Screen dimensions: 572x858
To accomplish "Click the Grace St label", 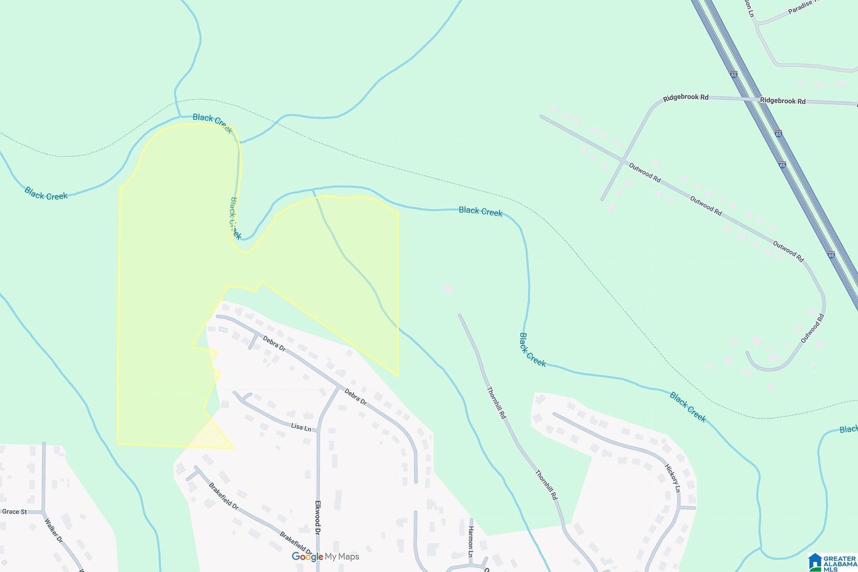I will coord(14,512).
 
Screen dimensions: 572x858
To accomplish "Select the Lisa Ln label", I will coord(301,427).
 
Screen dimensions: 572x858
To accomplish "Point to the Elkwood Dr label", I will coord(318,517).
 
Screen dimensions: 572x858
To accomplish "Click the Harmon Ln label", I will coord(470,541).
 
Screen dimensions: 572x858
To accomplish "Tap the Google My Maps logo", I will coord(326,556).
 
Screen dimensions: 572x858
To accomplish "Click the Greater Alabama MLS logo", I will coord(832,562).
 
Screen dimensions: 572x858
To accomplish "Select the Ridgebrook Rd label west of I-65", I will coord(685,98).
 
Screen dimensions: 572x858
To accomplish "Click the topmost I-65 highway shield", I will coord(734,75).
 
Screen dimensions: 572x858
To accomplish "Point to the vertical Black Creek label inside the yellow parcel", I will coord(235,218).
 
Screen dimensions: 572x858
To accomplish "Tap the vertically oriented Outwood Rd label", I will coord(812,328).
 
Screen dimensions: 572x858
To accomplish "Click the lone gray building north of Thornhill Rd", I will coord(448,288).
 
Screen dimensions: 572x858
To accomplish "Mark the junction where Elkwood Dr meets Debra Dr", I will coord(339,387).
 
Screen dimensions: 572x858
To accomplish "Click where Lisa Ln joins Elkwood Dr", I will coord(318,430).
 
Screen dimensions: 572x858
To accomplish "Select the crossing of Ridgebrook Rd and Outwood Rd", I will coord(625,160).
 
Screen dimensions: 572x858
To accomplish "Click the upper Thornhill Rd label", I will coord(496,403).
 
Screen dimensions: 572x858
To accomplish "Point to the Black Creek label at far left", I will coord(46,194).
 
